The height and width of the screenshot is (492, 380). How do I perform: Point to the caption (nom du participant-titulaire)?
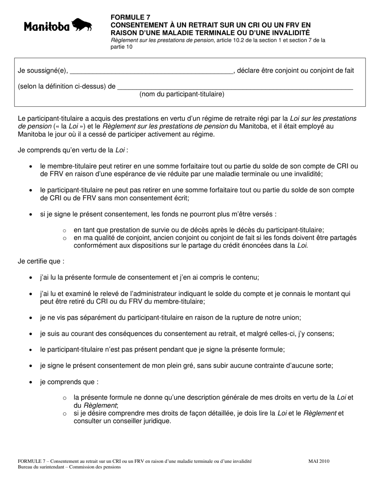click(x=182, y=94)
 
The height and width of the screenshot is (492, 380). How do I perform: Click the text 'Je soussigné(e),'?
click(x=43, y=71)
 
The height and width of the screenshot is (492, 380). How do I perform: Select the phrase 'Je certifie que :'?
click(x=41, y=261)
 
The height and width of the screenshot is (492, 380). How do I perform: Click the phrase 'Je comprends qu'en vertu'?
click(x=54, y=150)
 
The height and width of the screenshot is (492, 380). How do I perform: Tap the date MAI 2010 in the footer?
click(x=319, y=461)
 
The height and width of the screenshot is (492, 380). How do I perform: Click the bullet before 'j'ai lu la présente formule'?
click(x=31, y=278)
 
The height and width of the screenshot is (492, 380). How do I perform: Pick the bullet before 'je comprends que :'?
click(x=31, y=382)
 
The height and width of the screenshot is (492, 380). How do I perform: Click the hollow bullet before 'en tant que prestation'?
click(x=65, y=230)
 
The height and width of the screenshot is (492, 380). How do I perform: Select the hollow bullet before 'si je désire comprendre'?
click(x=65, y=414)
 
